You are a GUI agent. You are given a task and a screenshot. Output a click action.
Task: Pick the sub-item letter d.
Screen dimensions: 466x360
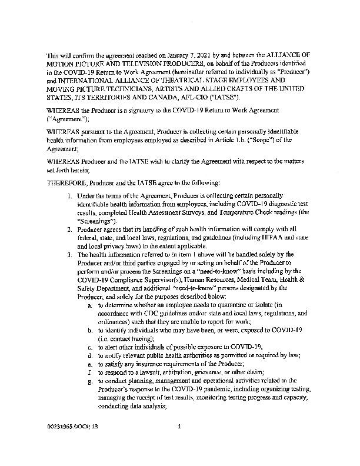click(88, 355)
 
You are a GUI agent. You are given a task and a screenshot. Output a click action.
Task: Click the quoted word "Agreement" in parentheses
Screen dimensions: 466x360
click(67, 119)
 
